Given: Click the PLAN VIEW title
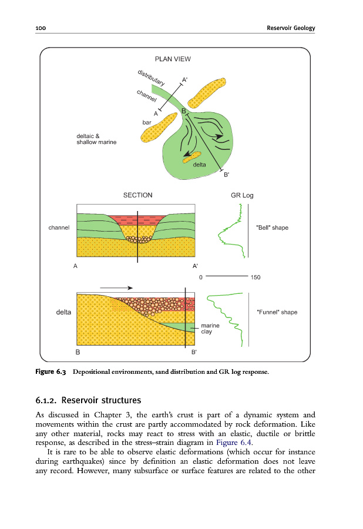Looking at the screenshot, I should click(x=172, y=59).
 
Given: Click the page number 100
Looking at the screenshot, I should click(x=41, y=28).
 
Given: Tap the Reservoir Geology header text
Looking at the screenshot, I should click(x=291, y=28).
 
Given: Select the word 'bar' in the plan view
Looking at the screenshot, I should click(x=147, y=122).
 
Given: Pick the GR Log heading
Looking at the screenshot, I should click(x=243, y=195).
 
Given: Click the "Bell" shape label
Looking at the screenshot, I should click(x=273, y=227).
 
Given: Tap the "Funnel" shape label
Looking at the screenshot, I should click(x=277, y=312).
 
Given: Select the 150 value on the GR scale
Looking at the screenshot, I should click(x=256, y=276).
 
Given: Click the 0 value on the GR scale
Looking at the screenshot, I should click(x=201, y=276).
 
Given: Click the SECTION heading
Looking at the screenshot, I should click(x=137, y=195).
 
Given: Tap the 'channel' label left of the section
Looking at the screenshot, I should click(x=59, y=227).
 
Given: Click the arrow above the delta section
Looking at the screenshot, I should click(x=115, y=288).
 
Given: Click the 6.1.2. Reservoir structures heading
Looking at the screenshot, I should click(x=88, y=401).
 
